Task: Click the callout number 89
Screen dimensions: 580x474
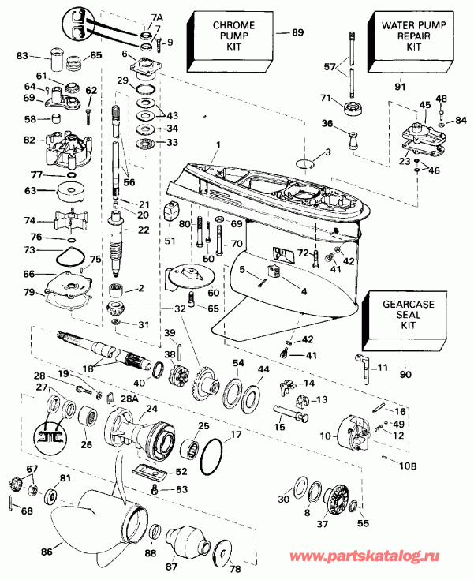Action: [297, 32]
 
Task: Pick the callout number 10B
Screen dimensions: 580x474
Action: [405, 466]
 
